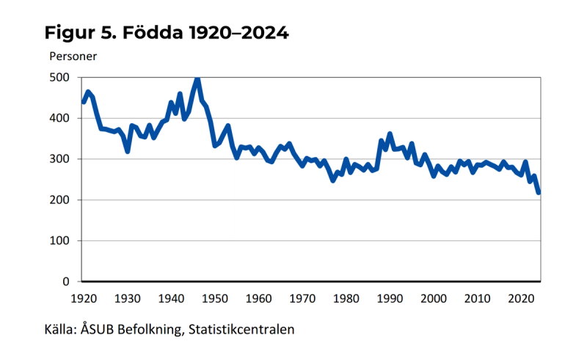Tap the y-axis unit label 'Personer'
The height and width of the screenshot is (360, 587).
pyautogui.click(x=73, y=56)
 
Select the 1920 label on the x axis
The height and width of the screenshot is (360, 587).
pyautogui.click(x=83, y=298)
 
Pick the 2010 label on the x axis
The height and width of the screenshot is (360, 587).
pyautogui.click(x=478, y=298)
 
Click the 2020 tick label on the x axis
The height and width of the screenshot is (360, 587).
pyautogui.click(x=521, y=298)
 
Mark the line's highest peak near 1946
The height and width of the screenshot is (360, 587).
pyautogui.click(x=197, y=78)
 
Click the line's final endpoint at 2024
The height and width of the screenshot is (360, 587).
pyautogui.click(x=539, y=193)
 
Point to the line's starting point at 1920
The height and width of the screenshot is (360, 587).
pyautogui.click(x=83, y=102)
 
